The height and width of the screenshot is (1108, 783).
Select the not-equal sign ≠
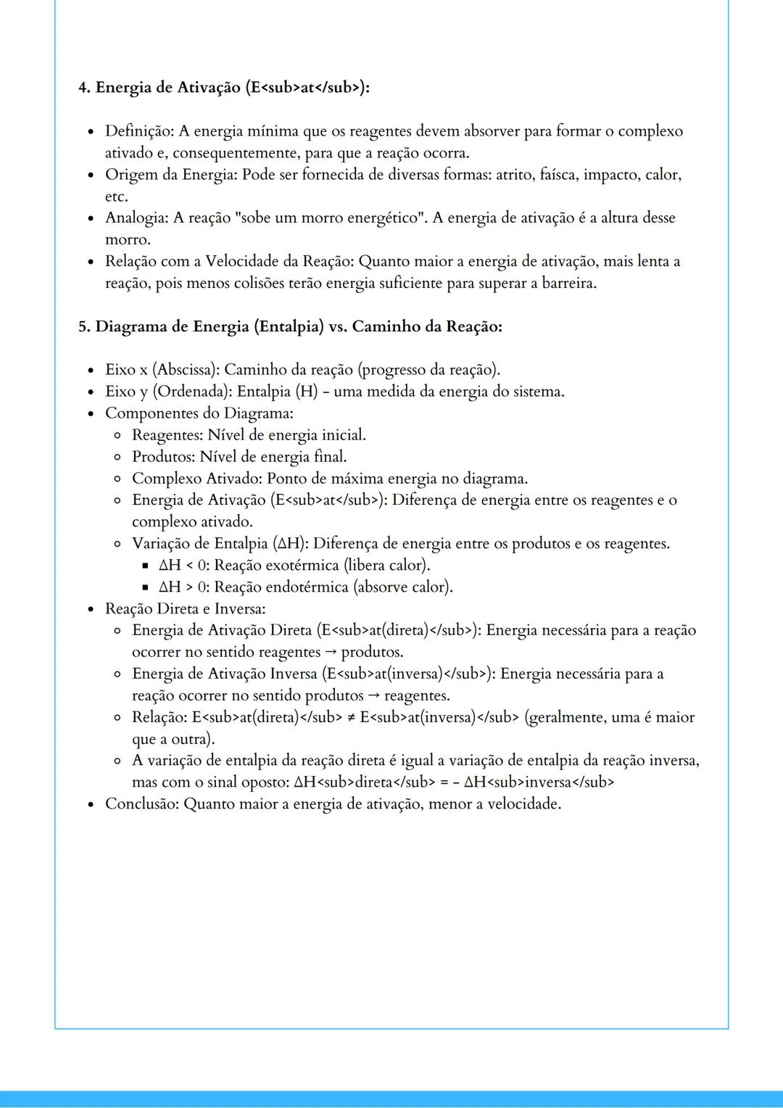(x=351, y=717)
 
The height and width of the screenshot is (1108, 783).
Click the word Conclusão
(x=141, y=804)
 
